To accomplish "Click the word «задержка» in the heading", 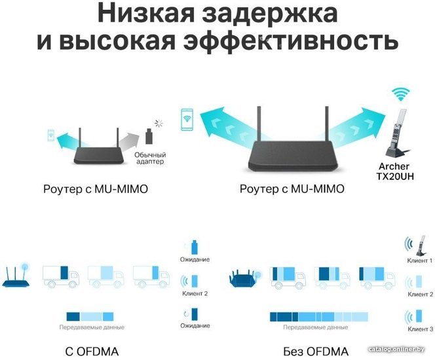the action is tap(270, 13).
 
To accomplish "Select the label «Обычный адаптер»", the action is tap(150, 158).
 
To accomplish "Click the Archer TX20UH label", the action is tap(395, 171).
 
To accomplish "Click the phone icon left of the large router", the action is tap(187, 119).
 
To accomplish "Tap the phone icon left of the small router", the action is tap(51, 135).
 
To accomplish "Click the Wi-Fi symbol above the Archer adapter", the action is tap(400, 94).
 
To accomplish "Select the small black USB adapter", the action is tap(149, 136).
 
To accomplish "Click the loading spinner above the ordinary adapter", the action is tap(159, 123).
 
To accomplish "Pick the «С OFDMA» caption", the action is tap(92, 351).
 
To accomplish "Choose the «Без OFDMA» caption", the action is tap(316, 351).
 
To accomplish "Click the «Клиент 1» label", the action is tap(419, 261).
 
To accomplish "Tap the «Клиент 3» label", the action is tap(421, 329).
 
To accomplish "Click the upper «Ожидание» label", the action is tap(195, 260).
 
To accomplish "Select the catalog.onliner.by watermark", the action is tap(397, 350).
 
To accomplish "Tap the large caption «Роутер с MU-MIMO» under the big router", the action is tap(292, 189).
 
